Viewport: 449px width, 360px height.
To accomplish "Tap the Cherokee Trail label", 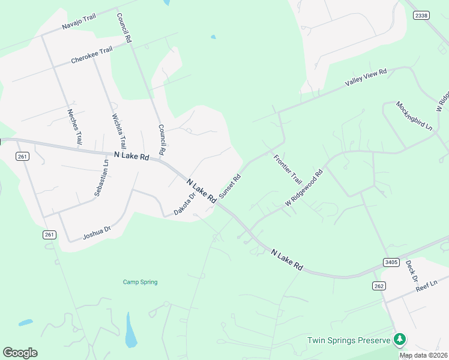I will click(x=91, y=55).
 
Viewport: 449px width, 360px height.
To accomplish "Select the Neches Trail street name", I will click(x=74, y=127).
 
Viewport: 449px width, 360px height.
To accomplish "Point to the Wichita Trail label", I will click(x=119, y=131).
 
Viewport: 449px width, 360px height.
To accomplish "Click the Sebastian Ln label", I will click(x=102, y=178).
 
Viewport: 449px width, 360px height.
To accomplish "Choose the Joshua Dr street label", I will click(x=97, y=232).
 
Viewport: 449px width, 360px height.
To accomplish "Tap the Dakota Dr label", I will click(x=185, y=204).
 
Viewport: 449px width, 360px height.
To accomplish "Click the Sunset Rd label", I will click(x=229, y=187).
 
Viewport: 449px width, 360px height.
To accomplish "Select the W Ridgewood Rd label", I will click(x=304, y=188).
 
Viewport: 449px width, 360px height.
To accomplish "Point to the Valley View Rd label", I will click(x=365, y=78).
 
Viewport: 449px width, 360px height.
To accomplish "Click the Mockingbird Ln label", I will click(x=414, y=116).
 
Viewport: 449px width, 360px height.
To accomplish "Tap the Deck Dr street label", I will click(x=411, y=271).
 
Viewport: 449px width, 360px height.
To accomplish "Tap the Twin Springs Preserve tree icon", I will click(x=399, y=340).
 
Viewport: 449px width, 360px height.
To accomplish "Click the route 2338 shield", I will click(x=421, y=16).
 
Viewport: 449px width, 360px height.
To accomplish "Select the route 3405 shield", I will click(x=391, y=262).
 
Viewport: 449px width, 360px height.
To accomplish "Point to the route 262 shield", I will click(x=379, y=286).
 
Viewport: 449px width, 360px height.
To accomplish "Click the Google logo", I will click(x=20, y=353).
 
